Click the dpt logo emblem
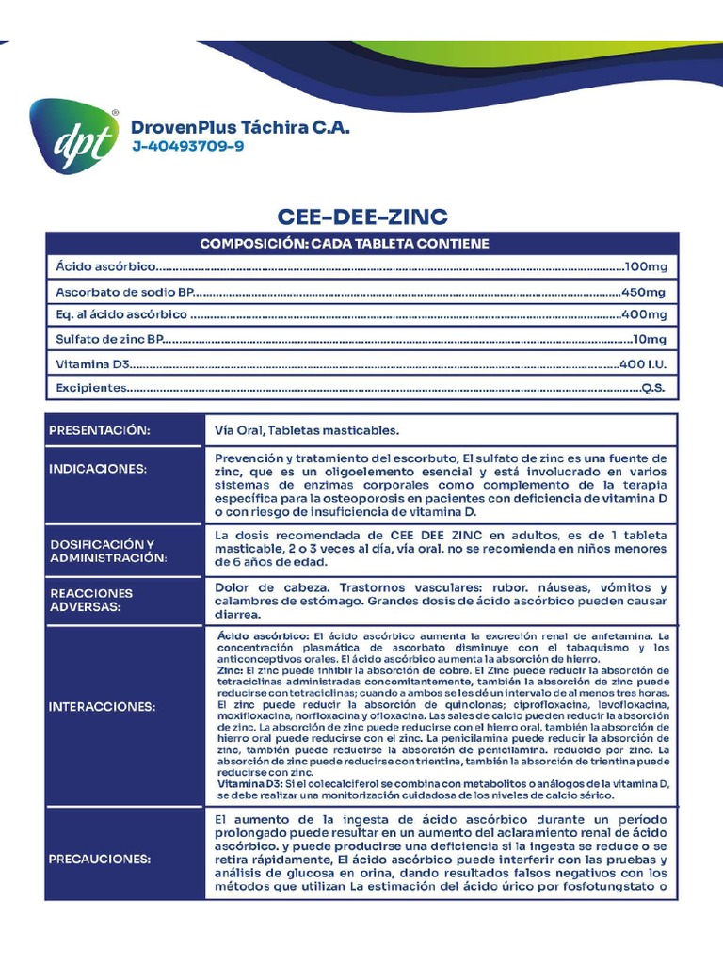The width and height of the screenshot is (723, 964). click(74, 137)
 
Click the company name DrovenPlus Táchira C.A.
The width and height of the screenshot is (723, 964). click(240, 127)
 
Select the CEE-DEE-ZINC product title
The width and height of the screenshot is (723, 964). click(361, 217)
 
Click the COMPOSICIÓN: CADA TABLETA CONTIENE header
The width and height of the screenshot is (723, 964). click(345, 244)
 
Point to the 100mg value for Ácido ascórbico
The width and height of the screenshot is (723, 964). click(645, 267)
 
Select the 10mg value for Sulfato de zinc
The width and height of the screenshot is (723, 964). click(649, 339)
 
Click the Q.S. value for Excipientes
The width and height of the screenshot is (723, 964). click(653, 388)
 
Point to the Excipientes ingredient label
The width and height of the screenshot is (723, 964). click(90, 388)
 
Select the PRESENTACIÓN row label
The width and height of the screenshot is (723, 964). click(100, 430)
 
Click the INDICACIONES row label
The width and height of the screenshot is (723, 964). click(98, 468)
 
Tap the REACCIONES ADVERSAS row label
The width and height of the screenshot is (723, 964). click(91, 601)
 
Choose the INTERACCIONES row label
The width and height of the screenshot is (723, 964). click(103, 706)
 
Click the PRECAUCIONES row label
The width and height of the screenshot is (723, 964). click(100, 860)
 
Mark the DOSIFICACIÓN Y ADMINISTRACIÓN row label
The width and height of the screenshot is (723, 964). click(107, 551)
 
